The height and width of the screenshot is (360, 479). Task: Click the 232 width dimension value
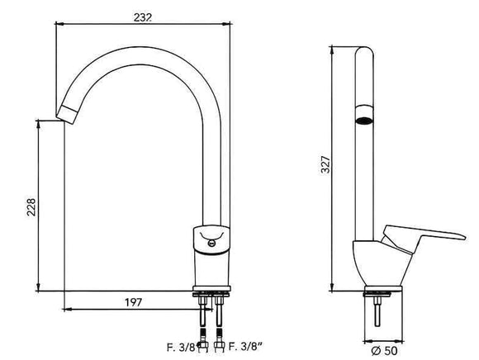[142, 17]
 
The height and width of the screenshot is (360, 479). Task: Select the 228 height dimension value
[31, 207]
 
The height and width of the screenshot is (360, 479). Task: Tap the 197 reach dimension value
[134, 302]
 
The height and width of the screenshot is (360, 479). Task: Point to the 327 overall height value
[325, 164]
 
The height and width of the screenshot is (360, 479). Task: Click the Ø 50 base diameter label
[384, 351]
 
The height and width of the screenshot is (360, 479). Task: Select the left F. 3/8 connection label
[181, 348]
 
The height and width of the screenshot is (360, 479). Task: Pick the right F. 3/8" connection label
[245, 347]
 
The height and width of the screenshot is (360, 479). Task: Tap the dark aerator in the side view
[364, 121]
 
